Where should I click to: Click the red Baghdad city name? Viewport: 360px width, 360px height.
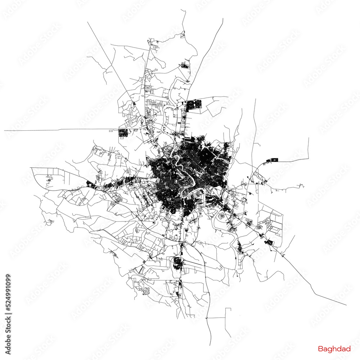coord(334,349)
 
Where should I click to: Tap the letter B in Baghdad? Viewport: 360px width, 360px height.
coord(320,349)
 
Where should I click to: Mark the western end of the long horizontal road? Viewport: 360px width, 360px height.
coord(5,130)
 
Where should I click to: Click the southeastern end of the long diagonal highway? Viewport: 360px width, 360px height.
coord(346,305)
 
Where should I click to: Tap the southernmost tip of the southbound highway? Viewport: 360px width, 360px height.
coord(211,345)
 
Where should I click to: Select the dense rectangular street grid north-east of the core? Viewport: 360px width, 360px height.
coord(194,105)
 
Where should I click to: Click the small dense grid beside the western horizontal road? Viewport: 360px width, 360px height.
coord(123,132)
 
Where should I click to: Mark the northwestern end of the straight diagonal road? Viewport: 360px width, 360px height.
coord(87,22)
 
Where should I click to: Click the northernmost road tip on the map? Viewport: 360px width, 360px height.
coord(181,10)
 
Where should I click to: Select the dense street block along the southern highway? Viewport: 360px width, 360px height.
coord(177,262)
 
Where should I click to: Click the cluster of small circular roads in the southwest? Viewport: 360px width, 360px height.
coord(146,291)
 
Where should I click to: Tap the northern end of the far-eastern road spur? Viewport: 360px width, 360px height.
coord(309,138)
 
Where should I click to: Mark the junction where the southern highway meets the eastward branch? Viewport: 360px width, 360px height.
coord(181,245)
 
